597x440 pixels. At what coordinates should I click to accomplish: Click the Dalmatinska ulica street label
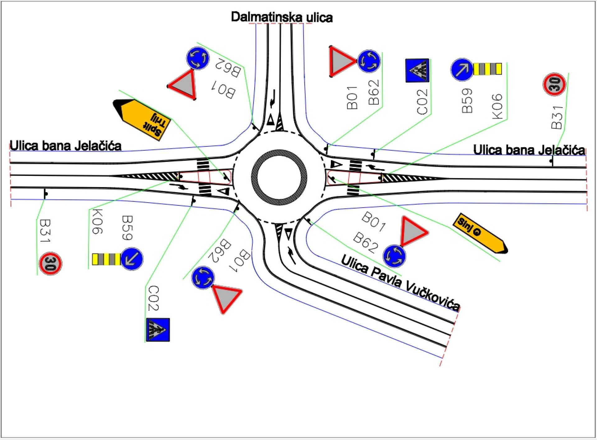(x=282, y=17)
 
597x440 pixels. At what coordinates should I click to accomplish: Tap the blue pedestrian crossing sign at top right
(x=417, y=71)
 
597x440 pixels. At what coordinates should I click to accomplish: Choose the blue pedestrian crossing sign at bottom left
(x=158, y=330)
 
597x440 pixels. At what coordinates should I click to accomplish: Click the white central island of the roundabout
(x=279, y=177)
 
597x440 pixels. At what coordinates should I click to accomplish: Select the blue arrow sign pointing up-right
(x=462, y=69)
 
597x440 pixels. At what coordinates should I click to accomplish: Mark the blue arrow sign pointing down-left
(x=132, y=259)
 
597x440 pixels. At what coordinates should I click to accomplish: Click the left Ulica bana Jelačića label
(x=66, y=145)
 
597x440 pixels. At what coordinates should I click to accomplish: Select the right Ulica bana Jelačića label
(x=529, y=150)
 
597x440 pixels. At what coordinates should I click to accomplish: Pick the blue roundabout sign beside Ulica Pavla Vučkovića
(x=394, y=256)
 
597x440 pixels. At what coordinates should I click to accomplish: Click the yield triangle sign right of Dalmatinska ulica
(x=341, y=62)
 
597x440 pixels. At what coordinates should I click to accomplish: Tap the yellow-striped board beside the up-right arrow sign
(x=488, y=69)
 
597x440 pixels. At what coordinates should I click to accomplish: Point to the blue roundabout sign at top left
(x=198, y=58)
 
